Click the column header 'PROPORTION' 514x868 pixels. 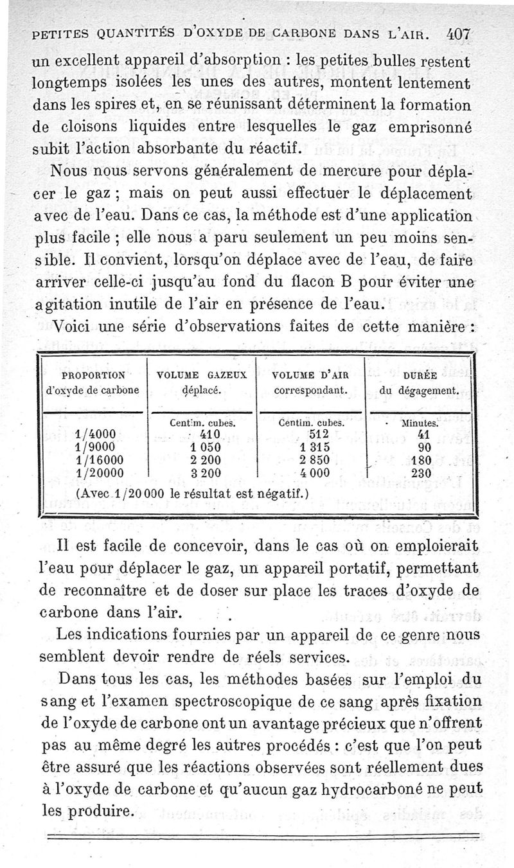point(94,375)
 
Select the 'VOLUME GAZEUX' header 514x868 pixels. point(202,375)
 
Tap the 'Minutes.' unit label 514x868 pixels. point(420,423)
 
